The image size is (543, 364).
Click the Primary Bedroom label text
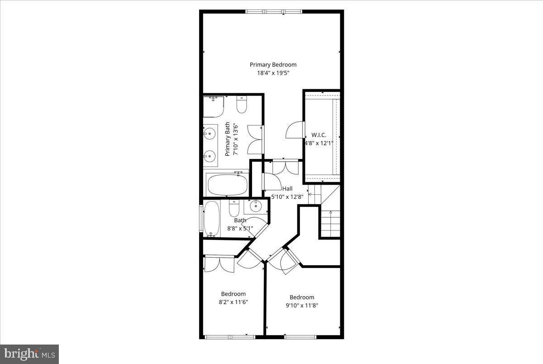(273, 65)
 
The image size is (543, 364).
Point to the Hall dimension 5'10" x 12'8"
(287, 196)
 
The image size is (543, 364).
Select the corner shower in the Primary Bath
(213, 106)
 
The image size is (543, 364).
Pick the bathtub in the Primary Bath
(227, 185)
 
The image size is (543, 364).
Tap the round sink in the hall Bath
(256, 207)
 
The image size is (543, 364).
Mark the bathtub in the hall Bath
(211, 220)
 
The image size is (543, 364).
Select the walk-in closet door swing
(294, 131)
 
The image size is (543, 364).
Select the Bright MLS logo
(29, 353)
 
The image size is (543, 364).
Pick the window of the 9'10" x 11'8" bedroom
(300, 336)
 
